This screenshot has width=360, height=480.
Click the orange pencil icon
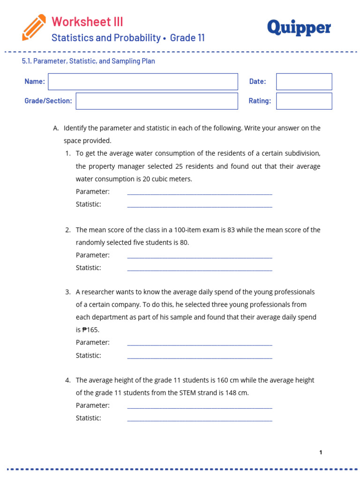click(x=34, y=27)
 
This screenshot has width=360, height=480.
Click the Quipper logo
click(x=299, y=28)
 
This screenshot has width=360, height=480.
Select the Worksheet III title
click(x=87, y=22)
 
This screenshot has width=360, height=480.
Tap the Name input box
click(x=143, y=82)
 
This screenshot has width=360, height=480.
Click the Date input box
click(x=304, y=82)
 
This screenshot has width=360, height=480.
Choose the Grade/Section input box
click(x=157, y=101)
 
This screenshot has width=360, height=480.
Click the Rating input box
click(x=304, y=101)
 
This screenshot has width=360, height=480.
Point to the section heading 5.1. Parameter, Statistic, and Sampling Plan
click(x=89, y=61)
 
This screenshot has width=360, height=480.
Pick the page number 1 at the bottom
click(x=321, y=452)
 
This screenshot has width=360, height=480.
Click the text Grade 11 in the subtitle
click(x=187, y=38)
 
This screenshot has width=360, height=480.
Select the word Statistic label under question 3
click(x=89, y=355)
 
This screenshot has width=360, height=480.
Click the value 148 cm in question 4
click(x=236, y=393)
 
